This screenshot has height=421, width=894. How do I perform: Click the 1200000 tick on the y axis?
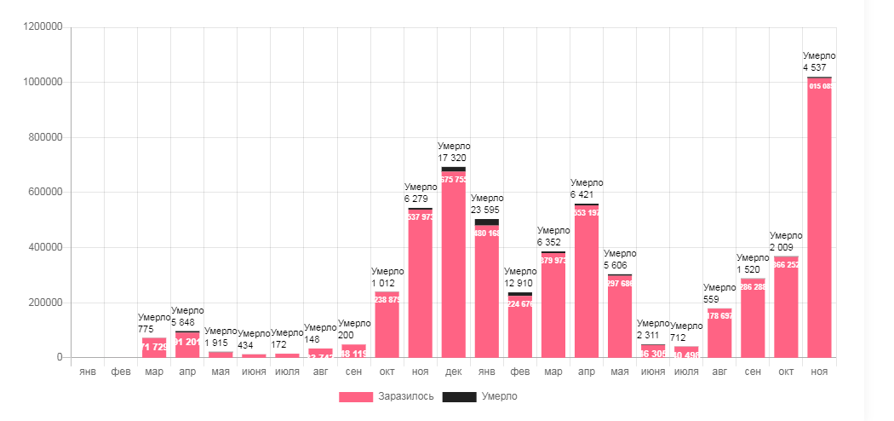(x=41, y=27)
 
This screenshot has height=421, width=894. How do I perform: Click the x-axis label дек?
(x=453, y=372)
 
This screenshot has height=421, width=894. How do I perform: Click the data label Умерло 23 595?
(x=486, y=204)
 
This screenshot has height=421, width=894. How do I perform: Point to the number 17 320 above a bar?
(x=455, y=158)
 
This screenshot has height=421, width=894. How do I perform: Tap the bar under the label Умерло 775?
(x=154, y=348)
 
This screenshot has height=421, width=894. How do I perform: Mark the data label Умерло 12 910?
(x=519, y=277)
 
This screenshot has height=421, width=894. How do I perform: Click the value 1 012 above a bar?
(x=384, y=283)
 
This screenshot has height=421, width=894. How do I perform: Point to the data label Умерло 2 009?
(x=786, y=241)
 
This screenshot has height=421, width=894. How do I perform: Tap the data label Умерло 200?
(x=353, y=329)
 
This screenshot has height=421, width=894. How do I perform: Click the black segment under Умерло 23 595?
(x=486, y=222)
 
